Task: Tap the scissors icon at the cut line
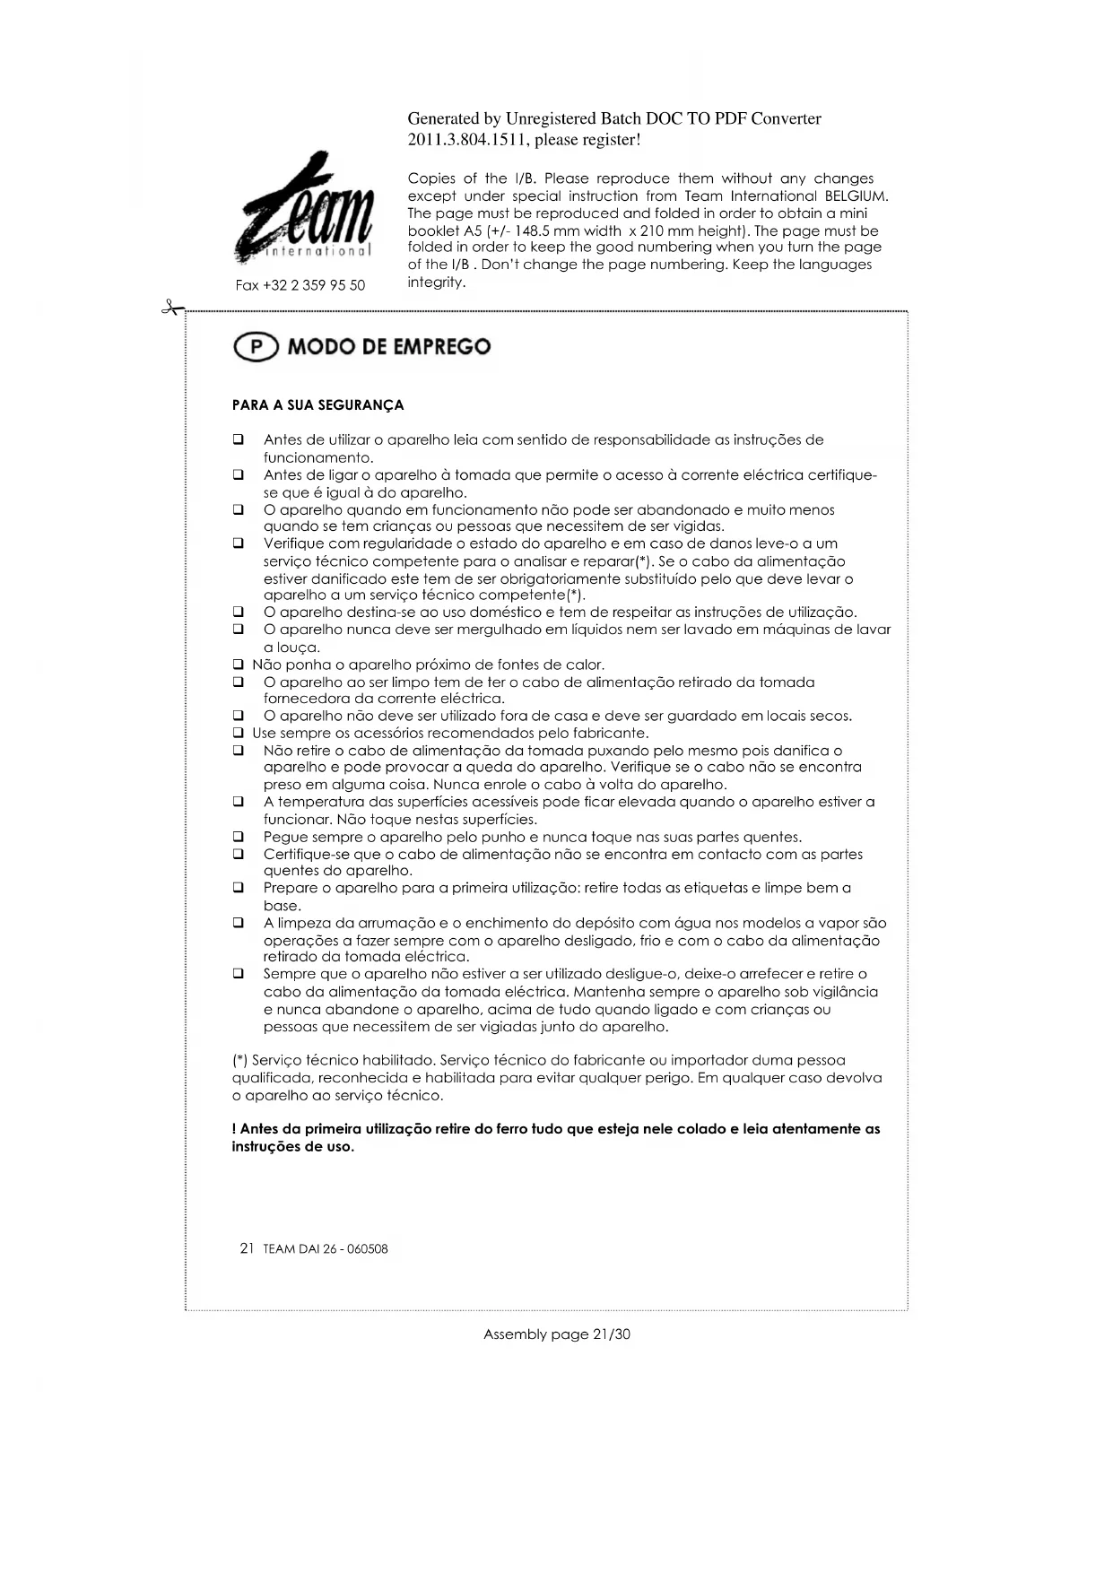tap(170, 309)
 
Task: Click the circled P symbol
tap(256, 347)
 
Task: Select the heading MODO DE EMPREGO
tap(388, 347)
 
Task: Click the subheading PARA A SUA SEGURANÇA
tap(317, 405)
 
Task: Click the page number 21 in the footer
tap(248, 1248)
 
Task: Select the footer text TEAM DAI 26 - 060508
tap(326, 1249)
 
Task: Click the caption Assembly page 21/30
tap(556, 1334)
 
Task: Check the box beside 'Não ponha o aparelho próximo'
tap(239, 665)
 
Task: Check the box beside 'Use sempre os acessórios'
tap(239, 733)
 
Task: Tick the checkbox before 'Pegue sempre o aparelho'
tap(239, 837)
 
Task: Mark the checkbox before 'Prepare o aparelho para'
tap(239, 888)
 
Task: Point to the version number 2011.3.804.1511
tap(466, 140)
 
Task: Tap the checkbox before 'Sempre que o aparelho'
tap(239, 974)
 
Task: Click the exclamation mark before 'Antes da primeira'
tap(234, 1129)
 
